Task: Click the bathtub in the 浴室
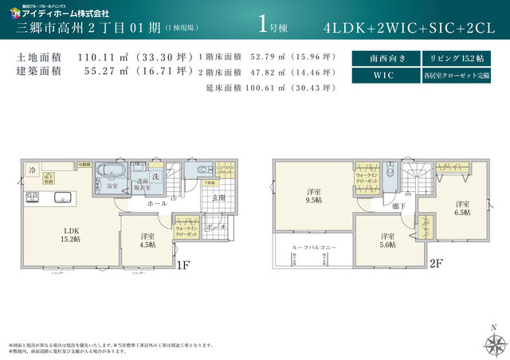109,172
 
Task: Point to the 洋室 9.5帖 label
314,197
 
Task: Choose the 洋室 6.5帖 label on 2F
463,207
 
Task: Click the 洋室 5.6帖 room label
387,241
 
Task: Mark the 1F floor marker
182,265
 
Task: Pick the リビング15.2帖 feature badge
451,58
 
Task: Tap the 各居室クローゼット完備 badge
451,76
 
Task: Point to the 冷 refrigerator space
33,170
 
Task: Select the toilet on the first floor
199,170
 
